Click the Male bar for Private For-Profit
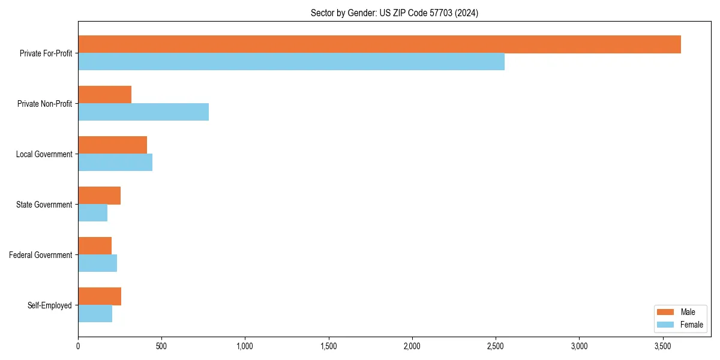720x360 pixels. point(379,44)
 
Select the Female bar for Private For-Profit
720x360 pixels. point(291,62)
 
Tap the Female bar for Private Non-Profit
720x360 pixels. point(143,112)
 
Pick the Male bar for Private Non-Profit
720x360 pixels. point(104,95)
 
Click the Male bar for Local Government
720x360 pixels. point(112,145)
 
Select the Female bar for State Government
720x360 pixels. point(92,213)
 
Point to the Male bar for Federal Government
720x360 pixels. point(95,246)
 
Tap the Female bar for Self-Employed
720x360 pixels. point(95,314)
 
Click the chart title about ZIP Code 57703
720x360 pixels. point(394,13)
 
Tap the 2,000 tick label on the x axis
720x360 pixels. point(412,347)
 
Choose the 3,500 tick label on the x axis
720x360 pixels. point(662,347)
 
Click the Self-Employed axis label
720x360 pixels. point(49,305)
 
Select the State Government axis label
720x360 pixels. point(44,205)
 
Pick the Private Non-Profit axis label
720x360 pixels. point(44,104)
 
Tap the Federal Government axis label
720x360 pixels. point(40,255)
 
